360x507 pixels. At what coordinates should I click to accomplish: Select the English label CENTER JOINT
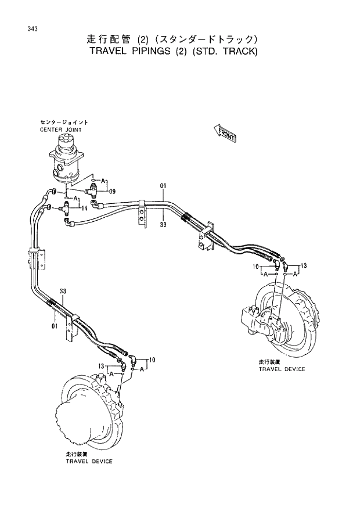(61, 130)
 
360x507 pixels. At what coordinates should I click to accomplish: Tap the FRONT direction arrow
(225, 133)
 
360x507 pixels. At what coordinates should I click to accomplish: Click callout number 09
(112, 191)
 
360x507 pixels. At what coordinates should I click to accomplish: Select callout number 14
(84, 208)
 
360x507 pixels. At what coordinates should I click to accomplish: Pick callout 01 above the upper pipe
(163, 186)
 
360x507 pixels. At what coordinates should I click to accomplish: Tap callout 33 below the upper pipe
(163, 224)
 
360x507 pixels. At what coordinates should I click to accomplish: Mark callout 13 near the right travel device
(304, 265)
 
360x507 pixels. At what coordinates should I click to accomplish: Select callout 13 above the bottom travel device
(101, 366)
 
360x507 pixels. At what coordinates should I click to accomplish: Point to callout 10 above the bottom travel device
(152, 361)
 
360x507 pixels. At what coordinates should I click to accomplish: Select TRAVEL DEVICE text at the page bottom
(89, 461)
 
